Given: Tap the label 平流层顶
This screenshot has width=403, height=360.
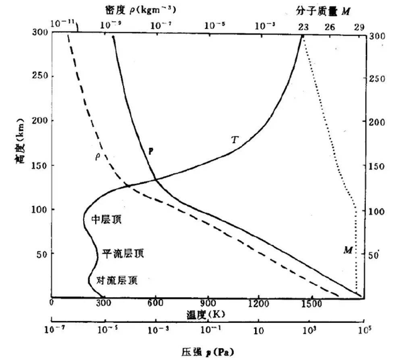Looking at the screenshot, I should tap(123, 254).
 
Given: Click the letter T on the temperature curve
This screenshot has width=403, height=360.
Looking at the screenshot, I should tap(235, 139).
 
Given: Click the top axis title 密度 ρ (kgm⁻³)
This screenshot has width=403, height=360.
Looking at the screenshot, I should tap(133, 9).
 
